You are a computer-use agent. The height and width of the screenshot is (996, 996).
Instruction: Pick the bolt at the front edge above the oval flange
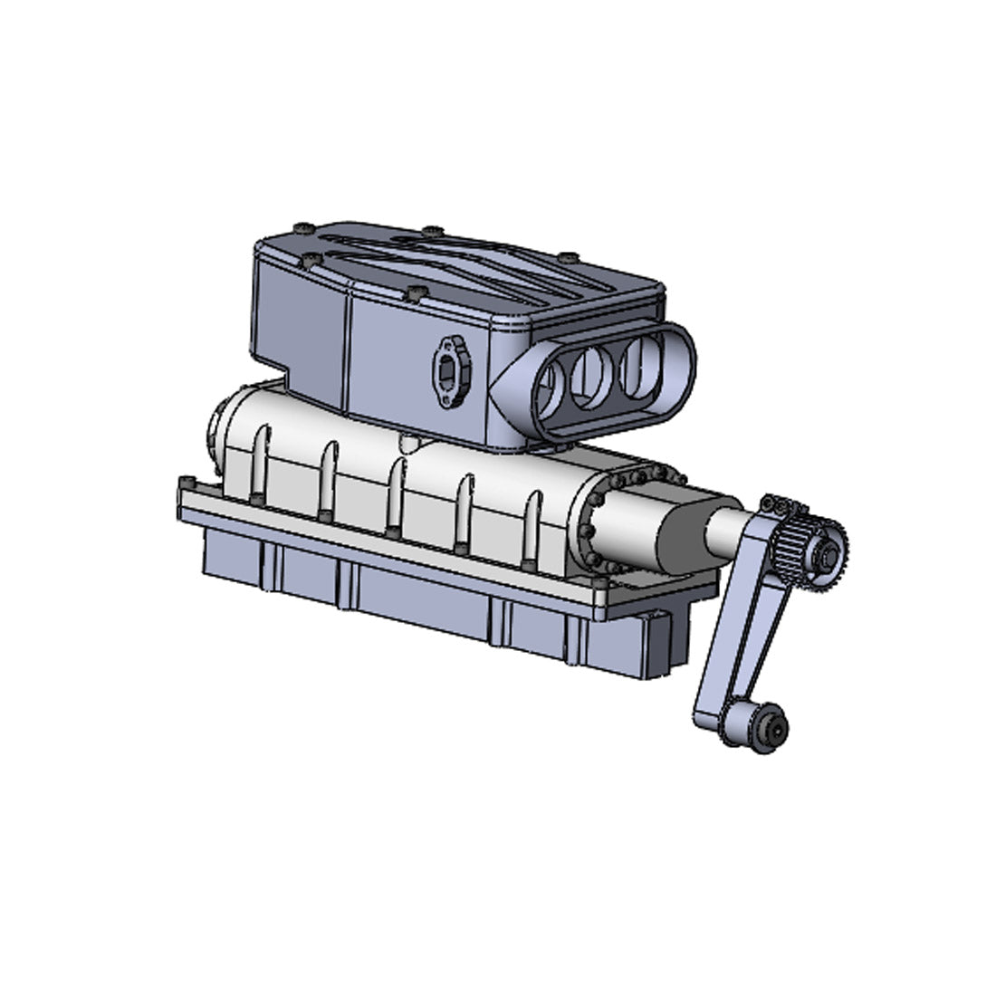coord(416,292)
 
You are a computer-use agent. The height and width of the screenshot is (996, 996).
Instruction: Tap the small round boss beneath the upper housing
coord(409,444)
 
